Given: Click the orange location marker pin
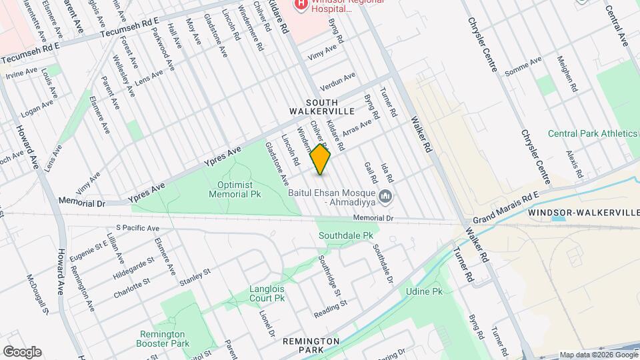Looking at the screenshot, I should pos(321,160).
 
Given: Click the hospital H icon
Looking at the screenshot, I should pos(301,4).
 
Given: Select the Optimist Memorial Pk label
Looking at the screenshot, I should pos(235,189).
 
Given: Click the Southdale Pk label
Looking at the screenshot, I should pos(345,236).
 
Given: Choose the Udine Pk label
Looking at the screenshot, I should pos(424,292).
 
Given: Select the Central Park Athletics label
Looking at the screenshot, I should pos(592,133).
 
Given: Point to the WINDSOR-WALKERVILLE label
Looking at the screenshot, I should pos(583,213).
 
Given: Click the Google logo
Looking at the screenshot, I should pos(22,352).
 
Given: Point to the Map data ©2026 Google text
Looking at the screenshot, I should pos(598,355).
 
